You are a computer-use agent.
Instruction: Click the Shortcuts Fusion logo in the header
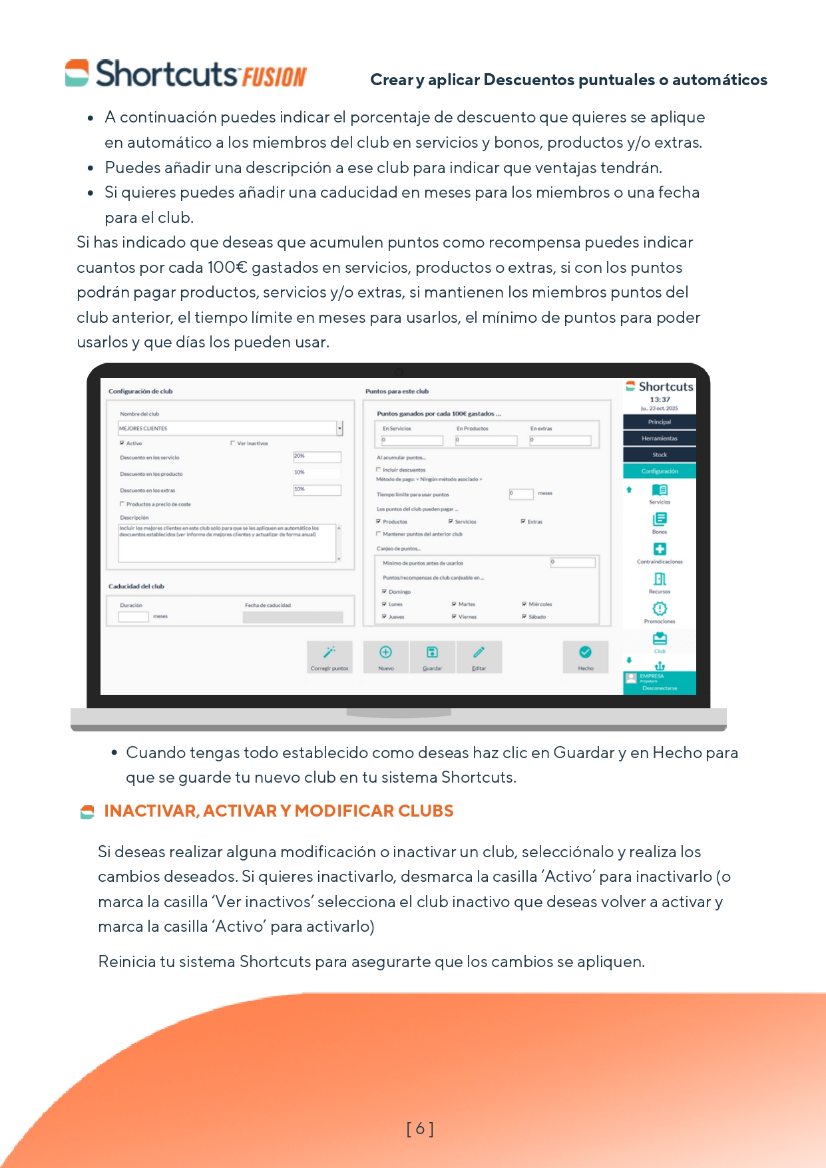(x=186, y=74)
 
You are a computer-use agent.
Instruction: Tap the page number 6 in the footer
(x=420, y=1128)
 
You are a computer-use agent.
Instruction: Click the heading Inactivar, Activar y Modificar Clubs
(x=278, y=811)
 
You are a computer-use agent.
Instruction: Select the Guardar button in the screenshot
(x=432, y=657)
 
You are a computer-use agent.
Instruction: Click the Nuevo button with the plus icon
(x=385, y=657)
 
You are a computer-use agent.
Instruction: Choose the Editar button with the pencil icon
(x=479, y=657)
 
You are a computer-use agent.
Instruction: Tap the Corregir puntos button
(x=329, y=657)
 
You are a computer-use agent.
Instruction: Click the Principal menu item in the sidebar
(x=659, y=422)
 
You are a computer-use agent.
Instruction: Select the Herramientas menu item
(x=659, y=438)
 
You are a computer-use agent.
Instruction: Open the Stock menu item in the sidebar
(x=659, y=455)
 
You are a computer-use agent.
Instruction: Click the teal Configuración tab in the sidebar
(x=659, y=471)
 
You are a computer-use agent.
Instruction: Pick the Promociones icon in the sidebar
(x=659, y=609)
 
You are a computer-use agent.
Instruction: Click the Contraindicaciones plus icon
(x=659, y=549)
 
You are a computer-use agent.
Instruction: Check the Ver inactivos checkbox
(x=233, y=443)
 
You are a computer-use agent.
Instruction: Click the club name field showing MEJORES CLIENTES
(x=226, y=429)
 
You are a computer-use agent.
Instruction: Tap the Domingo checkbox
(x=384, y=592)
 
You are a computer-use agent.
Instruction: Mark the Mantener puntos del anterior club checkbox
(x=379, y=534)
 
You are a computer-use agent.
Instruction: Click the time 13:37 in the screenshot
(x=660, y=400)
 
